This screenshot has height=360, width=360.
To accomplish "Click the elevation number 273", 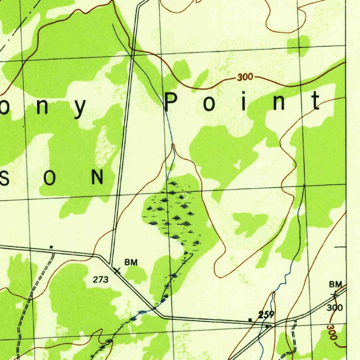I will point(101,280).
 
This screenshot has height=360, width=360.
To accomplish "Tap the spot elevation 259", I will point(266,315).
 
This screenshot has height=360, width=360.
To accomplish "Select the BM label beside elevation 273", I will point(131,262).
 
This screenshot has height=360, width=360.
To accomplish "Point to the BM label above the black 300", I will point(335,284).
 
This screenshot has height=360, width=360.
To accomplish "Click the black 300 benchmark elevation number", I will point(334,308).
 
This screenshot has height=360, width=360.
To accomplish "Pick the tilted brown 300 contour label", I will point(332,332).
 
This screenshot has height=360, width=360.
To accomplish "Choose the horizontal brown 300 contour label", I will point(245,77).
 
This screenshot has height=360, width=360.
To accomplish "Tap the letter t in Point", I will point(316,101).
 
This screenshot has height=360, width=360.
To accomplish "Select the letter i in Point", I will point(243,101).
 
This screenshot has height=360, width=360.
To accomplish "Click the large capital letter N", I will point(97,177).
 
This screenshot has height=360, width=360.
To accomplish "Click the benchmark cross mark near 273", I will point(117,270).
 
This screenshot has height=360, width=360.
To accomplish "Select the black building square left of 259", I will point(250,320).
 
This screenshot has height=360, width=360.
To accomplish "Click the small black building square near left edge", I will point(51,247).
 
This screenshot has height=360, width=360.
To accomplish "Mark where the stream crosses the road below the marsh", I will point(154,308).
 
